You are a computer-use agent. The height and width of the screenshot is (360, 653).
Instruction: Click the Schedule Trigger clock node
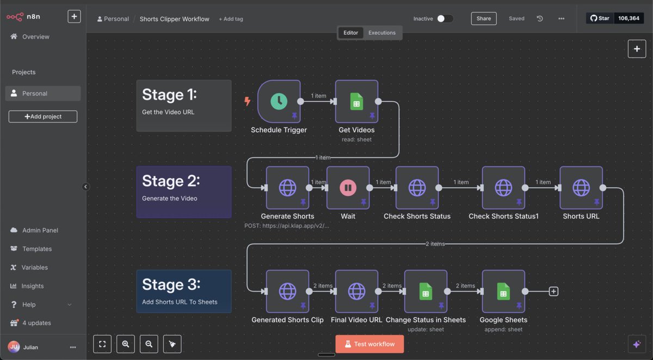(x=279, y=102)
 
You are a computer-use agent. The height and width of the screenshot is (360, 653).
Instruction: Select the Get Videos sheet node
(x=356, y=102)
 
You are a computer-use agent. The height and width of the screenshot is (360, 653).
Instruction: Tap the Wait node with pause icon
(x=348, y=188)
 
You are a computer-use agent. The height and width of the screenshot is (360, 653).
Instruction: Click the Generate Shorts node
(x=287, y=188)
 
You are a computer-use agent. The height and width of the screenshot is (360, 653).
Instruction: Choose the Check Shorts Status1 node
(x=503, y=188)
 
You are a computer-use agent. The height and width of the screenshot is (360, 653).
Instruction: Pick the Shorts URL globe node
(x=581, y=188)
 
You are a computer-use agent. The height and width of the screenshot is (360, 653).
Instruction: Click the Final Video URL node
(x=356, y=291)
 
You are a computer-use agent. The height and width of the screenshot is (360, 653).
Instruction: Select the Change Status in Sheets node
(x=426, y=291)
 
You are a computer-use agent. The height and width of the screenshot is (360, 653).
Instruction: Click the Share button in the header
(x=483, y=18)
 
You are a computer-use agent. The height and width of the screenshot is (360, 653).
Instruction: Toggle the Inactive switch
(x=444, y=18)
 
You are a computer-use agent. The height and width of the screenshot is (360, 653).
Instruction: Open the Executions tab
(x=381, y=33)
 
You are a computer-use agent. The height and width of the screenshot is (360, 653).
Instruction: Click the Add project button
(x=43, y=116)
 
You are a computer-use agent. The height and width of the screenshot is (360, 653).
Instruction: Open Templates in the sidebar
(x=37, y=249)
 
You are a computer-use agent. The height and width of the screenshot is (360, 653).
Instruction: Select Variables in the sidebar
(x=34, y=267)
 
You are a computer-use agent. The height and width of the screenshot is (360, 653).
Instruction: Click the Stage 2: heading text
(x=171, y=181)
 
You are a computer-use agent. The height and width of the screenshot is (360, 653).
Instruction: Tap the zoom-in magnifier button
(x=126, y=344)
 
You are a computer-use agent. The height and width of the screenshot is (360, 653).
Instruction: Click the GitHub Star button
(x=600, y=18)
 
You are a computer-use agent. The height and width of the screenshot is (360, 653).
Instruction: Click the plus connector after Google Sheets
(x=553, y=291)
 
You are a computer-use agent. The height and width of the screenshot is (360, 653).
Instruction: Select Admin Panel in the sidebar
(x=40, y=230)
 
